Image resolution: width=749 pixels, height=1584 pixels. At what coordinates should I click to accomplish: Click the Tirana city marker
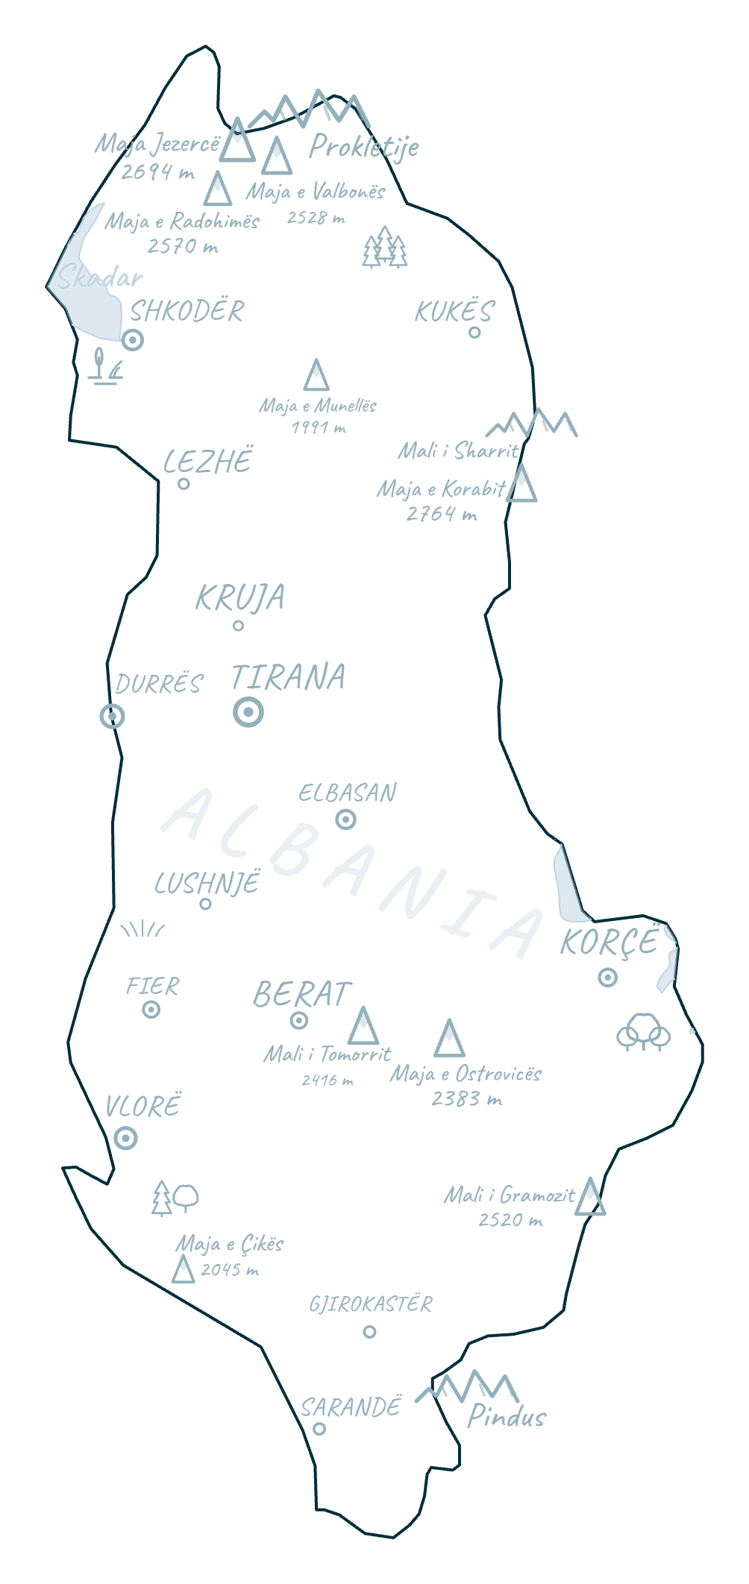[x=248, y=712]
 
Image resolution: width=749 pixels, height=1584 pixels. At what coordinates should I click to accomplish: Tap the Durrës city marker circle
[x=113, y=716]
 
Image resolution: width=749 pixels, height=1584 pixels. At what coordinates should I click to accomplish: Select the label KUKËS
[x=454, y=311]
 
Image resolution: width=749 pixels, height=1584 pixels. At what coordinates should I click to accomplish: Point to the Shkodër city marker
[x=133, y=340]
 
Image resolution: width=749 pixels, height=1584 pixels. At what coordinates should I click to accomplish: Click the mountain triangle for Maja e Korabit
[x=521, y=485]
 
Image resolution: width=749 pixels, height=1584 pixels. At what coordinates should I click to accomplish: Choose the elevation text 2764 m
[x=442, y=514]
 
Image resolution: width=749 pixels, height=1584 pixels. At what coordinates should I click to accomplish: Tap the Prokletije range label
[x=364, y=147]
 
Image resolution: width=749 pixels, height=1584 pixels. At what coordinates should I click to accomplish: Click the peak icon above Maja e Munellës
[x=316, y=376]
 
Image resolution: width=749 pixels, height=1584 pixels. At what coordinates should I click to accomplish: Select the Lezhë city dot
[x=184, y=484]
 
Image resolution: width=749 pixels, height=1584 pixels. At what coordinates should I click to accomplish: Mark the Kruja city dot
[x=238, y=626]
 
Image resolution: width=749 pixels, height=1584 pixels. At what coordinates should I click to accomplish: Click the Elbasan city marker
[x=346, y=820]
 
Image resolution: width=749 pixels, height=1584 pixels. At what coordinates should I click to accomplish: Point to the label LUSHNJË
[x=207, y=883]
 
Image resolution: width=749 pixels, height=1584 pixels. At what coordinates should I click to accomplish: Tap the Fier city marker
[x=151, y=1010]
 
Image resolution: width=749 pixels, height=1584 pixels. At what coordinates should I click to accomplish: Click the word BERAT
[x=301, y=994]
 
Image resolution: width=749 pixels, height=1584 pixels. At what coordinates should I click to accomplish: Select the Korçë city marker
[x=608, y=977]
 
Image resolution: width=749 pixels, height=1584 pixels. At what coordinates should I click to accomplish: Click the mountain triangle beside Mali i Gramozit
[x=590, y=1198]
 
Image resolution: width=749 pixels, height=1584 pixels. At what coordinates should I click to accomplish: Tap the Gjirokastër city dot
[x=369, y=1332]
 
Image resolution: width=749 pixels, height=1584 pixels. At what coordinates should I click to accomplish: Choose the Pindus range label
[x=507, y=1416]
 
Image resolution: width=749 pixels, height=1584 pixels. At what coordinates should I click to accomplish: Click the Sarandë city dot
[x=319, y=1429]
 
